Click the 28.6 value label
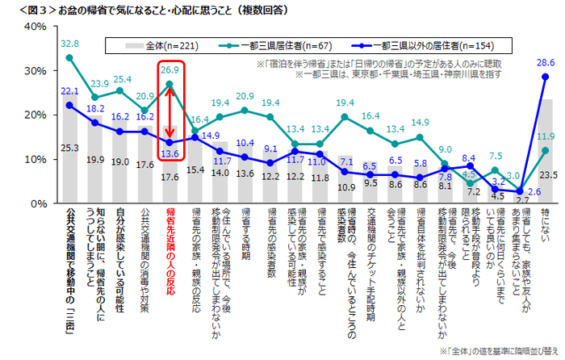pyautogui.click(x=546, y=62)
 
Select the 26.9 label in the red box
pyautogui.click(x=169, y=70)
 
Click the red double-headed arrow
pyautogui.click(x=169, y=110)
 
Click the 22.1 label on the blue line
pyautogui.click(x=71, y=91)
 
